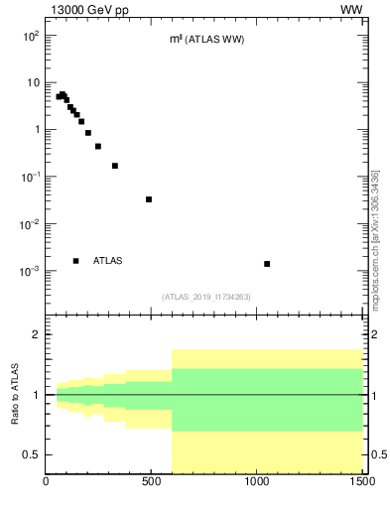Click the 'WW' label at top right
(x=351, y=10)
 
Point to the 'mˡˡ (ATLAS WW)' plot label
(x=207, y=40)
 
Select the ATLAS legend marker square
(x=75, y=261)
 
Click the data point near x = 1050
(x=267, y=264)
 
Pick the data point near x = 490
(x=149, y=199)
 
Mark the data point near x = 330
(x=115, y=166)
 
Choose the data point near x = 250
(x=98, y=146)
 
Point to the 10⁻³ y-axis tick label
(x=31, y=271)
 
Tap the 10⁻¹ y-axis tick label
(x=31, y=177)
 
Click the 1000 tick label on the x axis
(x=257, y=483)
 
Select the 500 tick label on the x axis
(x=152, y=483)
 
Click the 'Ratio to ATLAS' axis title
(x=16, y=394)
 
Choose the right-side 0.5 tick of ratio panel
(x=375, y=454)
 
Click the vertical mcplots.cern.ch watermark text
(x=375, y=238)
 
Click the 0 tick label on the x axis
(x=47, y=483)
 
